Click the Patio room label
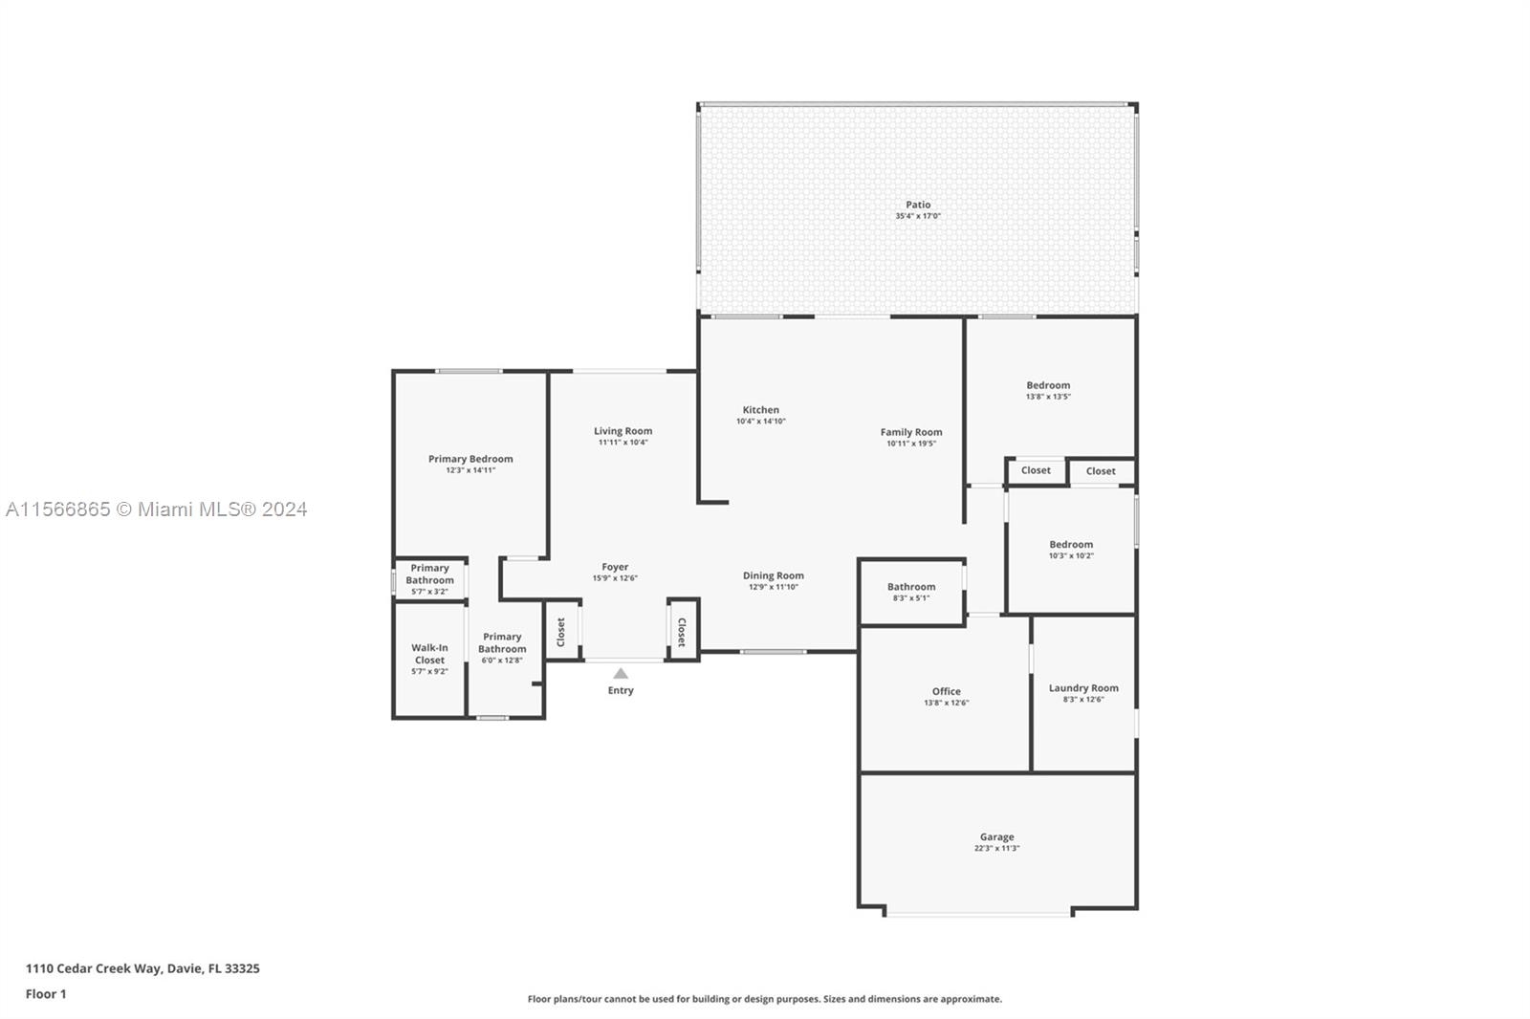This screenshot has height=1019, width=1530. [x=918, y=205]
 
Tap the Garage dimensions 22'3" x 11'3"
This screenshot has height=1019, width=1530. [x=996, y=848]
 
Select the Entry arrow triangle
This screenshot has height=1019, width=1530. [x=621, y=673]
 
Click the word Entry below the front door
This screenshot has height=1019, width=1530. [x=621, y=690]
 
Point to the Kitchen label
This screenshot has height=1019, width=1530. [x=761, y=410]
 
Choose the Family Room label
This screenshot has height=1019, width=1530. [x=911, y=432]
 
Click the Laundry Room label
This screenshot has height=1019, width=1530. [x=1083, y=688]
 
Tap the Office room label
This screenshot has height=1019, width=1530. [x=946, y=691]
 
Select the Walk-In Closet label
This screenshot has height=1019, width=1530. [x=429, y=654]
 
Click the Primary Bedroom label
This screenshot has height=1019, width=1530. [x=470, y=459]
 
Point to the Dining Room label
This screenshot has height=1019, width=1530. [x=774, y=575]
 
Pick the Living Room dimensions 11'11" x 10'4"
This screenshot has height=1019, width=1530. [x=623, y=443]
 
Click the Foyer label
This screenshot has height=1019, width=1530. [x=615, y=567]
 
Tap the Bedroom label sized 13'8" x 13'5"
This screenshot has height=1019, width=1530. [x=1048, y=385]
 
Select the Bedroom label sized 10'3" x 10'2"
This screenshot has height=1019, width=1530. [x=1071, y=544]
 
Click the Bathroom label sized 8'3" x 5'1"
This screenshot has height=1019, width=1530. [x=911, y=587]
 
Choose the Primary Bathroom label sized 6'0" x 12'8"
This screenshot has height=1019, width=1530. [x=502, y=642]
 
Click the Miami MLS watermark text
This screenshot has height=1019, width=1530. [x=157, y=509]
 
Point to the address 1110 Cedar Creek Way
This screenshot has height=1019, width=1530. [x=94, y=968]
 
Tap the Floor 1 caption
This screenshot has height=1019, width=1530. [x=46, y=994]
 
